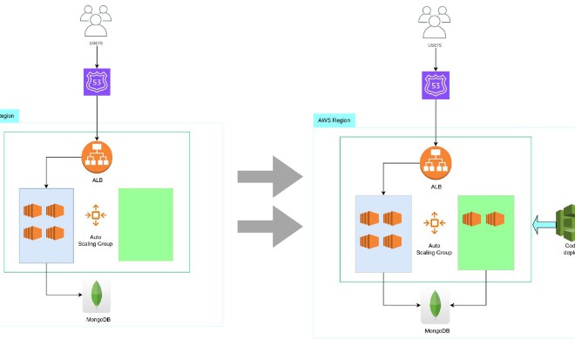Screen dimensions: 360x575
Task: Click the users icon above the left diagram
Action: click(x=97, y=17)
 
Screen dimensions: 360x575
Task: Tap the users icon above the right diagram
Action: click(x=435, y=17)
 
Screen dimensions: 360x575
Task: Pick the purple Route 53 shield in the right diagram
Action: click(x=435, y=83)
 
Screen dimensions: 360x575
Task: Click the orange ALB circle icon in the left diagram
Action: click(x=98, y=157)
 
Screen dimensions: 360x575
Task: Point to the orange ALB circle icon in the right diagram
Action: click(x=435, y=161)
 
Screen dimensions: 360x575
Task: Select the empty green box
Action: click(x=145, y=224)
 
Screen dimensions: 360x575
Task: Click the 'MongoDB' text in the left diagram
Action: click(x=97, y=320)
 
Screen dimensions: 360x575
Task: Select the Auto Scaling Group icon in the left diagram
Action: click(x=97, y=214)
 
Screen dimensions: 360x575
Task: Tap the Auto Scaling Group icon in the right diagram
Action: click(x=434, y=224)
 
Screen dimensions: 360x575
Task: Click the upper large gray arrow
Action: click(x=269, y=177)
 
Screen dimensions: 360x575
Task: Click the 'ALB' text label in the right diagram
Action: click(x=435, y=186)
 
